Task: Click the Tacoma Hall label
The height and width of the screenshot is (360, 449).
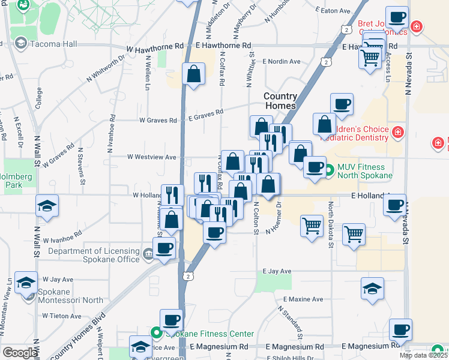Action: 53,43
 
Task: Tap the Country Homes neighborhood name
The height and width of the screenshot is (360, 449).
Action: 280,101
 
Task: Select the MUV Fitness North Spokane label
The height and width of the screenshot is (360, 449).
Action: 365,170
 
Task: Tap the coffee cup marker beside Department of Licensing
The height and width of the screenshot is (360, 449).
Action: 164,248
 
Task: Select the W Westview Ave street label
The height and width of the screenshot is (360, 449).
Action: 152,157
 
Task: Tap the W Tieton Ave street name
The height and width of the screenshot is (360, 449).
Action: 62,316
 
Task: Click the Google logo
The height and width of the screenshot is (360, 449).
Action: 19,353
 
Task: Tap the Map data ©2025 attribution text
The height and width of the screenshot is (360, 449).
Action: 423,355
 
